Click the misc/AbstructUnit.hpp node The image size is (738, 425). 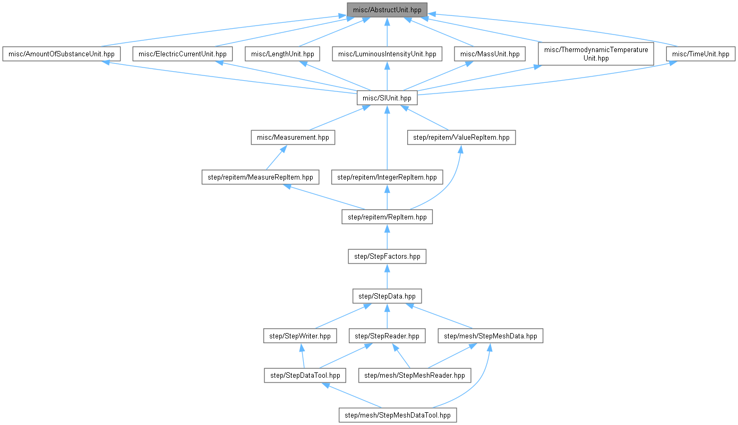point(387,10)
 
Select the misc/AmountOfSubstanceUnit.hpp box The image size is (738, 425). point(62,54)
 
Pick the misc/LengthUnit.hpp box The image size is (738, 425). point(282,54)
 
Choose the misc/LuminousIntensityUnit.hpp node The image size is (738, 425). point(387,54)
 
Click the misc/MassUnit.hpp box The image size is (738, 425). point(490,54)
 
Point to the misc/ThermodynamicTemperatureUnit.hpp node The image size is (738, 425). point(596,54)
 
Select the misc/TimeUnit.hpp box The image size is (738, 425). point(701,54)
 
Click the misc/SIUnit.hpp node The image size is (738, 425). point(387,98)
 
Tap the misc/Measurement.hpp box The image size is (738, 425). point(293,138)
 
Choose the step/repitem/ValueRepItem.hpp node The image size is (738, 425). point(461,138)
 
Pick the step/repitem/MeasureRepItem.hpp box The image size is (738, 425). point(260,177)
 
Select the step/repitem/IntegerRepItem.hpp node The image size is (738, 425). point(387,177)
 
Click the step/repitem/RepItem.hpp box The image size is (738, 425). point(387,217)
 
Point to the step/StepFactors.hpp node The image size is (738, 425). point(387,256)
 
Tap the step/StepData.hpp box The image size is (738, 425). point(387,296)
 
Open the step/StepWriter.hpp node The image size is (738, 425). point(300,336)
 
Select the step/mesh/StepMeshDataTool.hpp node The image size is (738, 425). point(398,415)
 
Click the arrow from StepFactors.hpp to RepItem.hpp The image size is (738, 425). point(387,237)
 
